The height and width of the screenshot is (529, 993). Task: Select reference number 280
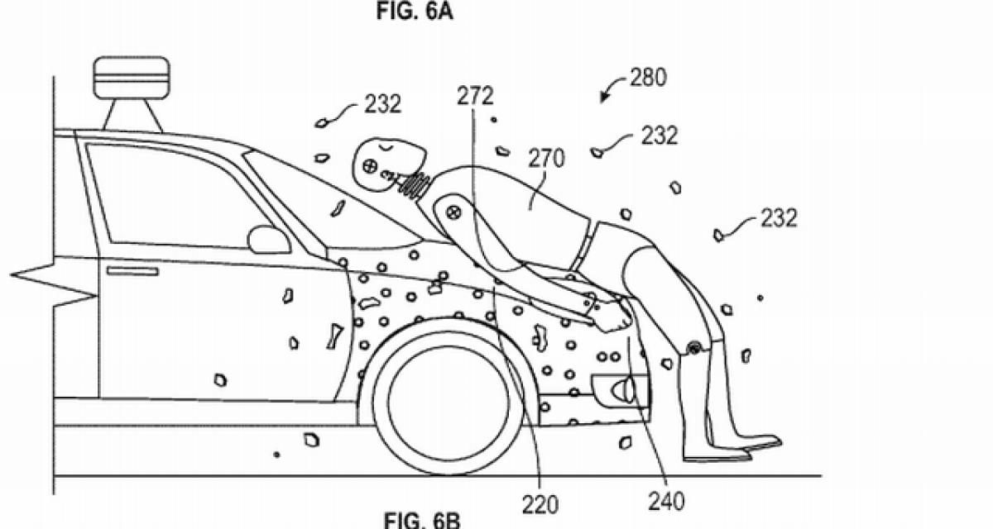pyautogui.click(x=647, y=79)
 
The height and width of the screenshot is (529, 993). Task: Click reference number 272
pyautogui.click(x=475, y=97)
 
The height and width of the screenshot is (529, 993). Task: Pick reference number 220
pyautogui.click(x=540, y=503)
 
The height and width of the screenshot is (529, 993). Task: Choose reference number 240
pyautogui.click(x=666, y=499)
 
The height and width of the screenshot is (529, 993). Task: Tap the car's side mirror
pyautogui.click(x=269, y=240)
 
